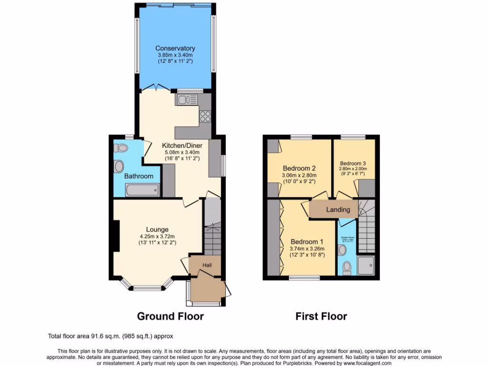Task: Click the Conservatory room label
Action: (175, 48)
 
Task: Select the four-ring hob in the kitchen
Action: (205, 116)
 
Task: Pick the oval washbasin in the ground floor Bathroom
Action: (119, 167)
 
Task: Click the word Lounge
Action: (157, 230)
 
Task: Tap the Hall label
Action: (207, 265)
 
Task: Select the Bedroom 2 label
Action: (299, 168)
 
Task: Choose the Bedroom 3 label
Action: (353, 163)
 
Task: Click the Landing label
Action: (338, 210)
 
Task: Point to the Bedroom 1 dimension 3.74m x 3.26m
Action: (307, 248)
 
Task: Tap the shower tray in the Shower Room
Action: (366, 265)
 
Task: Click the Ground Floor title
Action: (170, 316)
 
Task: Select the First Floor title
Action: (321, 316)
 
